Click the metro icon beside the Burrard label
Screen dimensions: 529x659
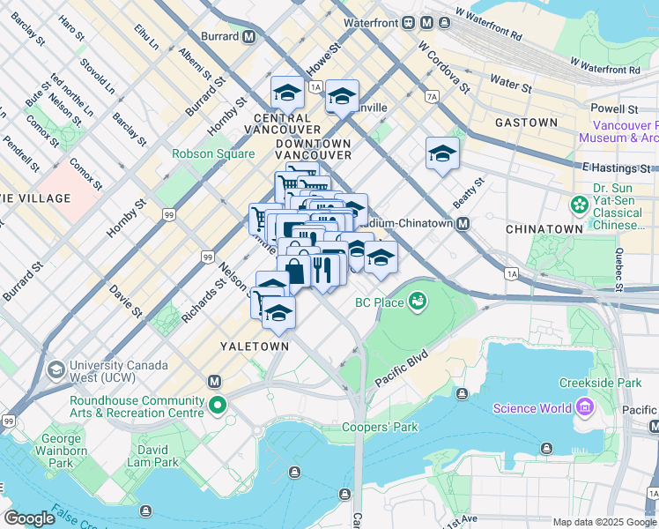tap(249, 36)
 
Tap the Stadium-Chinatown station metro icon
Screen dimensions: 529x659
tap(463, 223)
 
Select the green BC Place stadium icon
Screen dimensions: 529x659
tap(417, 302)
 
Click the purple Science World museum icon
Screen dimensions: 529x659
tap(584, 407)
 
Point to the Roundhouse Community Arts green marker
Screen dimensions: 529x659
tap(216, 406)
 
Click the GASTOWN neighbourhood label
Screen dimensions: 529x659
tap(526, 123)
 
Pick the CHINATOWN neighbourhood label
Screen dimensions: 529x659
tap(544, 229)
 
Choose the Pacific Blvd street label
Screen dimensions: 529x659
tap(401, 369)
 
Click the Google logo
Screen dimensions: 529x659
tap(30, 518)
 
